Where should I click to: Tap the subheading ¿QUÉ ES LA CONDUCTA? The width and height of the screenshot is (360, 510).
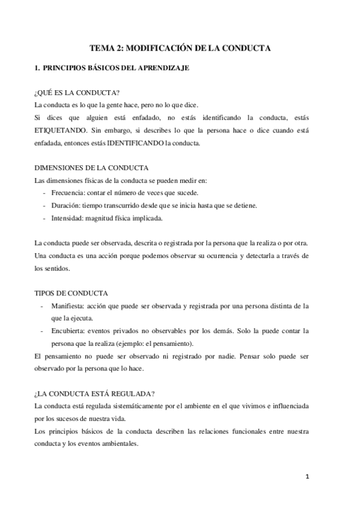tap(77, 93)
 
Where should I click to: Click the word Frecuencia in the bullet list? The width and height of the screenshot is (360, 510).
tap(72, 192)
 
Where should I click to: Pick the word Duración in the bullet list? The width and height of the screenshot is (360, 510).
tap(68, 206)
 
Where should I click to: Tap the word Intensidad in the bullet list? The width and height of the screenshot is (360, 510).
tap(70, 218)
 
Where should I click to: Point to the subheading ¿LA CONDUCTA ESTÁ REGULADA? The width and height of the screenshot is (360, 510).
tap(94, 394)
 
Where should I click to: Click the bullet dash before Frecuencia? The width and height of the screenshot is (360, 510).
tap(46, 192)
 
